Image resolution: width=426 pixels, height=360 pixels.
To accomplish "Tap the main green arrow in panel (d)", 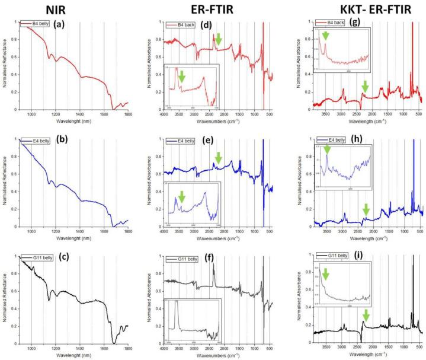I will coord(219,39).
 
